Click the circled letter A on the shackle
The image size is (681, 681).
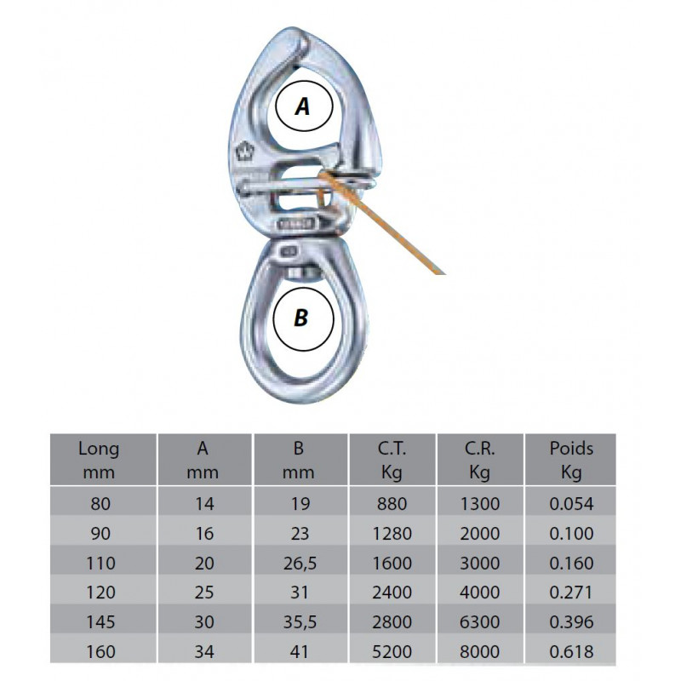[304, 106]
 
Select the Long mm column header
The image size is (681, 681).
[99, 460]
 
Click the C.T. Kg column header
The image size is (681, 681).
[392, 460]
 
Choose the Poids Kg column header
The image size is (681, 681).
[571, 460]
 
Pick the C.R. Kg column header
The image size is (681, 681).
[479, 460]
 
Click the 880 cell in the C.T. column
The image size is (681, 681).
[392, 504]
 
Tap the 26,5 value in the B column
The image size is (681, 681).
[300, 564]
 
